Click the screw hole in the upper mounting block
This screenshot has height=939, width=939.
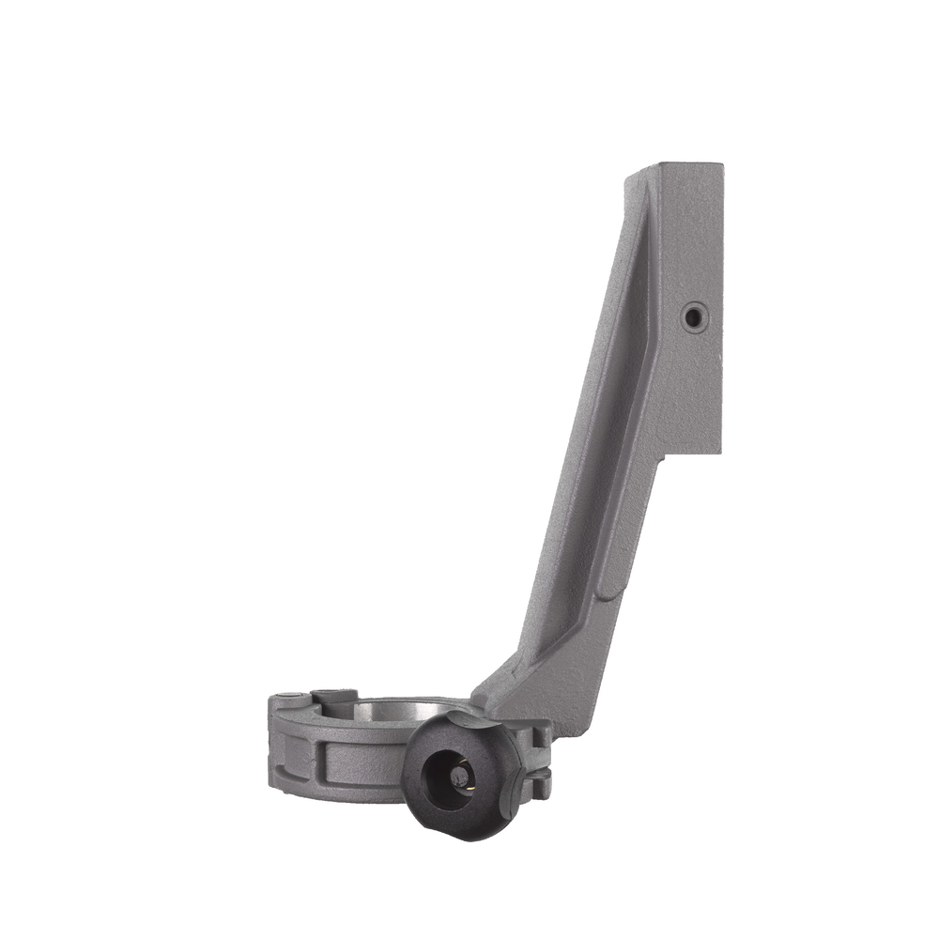[693, 318]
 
